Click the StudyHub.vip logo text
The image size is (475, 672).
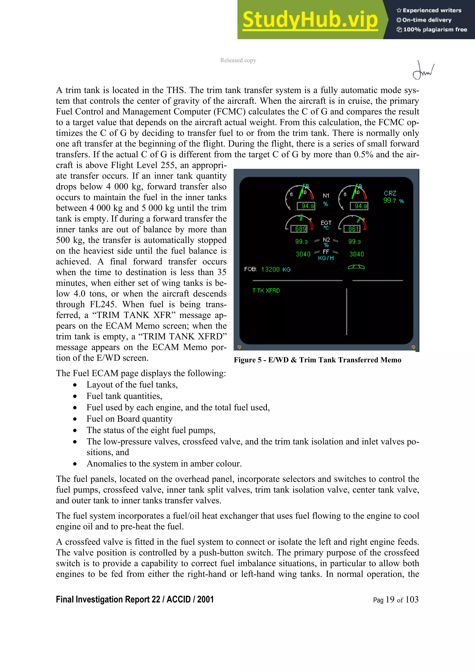[310, 20]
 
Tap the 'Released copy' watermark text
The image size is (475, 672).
[238, 60]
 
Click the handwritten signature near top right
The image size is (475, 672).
[423, 70]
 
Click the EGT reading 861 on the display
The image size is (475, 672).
[353, 229]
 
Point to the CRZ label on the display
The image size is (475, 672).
[390, 193]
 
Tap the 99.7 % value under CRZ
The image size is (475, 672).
[393, 201]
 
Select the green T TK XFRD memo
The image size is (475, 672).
[266, 291]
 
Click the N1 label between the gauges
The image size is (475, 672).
[326, 195]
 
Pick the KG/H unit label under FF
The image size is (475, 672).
[326, 258]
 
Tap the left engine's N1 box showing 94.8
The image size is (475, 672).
[306, 206]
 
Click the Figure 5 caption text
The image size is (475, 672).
[317, 360]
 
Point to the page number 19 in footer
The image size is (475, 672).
[390, 600]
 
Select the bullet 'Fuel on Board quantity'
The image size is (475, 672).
[129, 419]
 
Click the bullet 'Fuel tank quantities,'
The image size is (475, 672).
[124, 396]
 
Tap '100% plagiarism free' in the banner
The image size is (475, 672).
[435, 29]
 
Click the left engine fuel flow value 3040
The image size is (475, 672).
[303, 254]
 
